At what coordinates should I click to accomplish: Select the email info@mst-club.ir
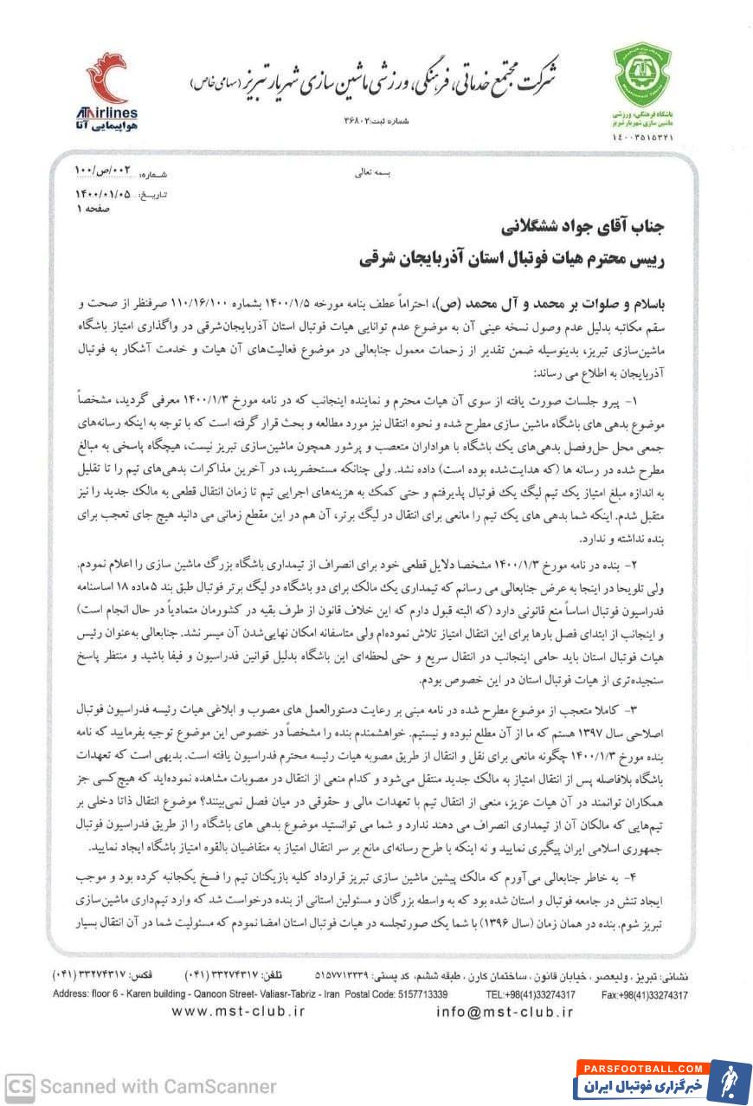click(x=492, y=1011)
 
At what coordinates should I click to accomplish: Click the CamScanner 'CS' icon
click(x=18, y=1085)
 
